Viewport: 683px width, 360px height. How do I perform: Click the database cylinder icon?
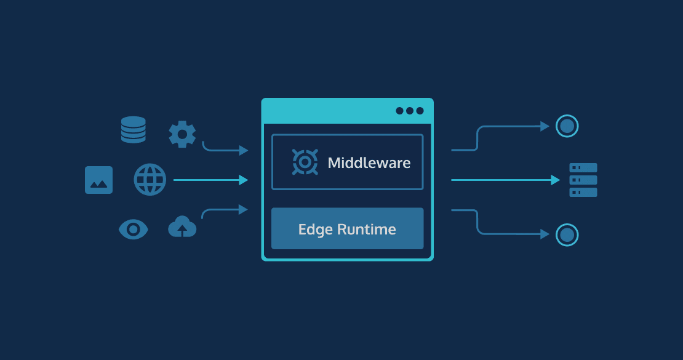coord(134,130)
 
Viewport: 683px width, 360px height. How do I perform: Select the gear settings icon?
coord(182,134)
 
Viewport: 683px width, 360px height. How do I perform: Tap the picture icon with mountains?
coord(98,180)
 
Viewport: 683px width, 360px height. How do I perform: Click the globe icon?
coord(150,180)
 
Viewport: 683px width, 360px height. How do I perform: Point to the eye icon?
coord(133,230)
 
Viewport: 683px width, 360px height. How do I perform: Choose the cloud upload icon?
coord(182,227)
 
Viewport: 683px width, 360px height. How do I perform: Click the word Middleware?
coord(369,163)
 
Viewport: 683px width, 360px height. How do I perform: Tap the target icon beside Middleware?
coord(305,162)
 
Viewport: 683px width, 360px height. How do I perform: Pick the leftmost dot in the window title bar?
coord(400,111)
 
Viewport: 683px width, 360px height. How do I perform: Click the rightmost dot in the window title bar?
coord(420,111)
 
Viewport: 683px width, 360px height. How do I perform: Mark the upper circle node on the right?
coord(567,126)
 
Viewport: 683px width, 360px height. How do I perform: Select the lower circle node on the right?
coord(567,234)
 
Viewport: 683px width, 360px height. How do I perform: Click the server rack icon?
coord(583,180)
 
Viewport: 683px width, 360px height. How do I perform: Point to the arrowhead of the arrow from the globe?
coord(244,180)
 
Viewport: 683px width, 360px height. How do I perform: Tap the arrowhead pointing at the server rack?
coord(556,180)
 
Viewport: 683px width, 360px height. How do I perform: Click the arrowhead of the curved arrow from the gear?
coord(244,150)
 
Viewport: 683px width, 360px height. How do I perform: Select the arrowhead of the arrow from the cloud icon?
coord(244,210)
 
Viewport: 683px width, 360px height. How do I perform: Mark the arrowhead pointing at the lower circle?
coord(545,234)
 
